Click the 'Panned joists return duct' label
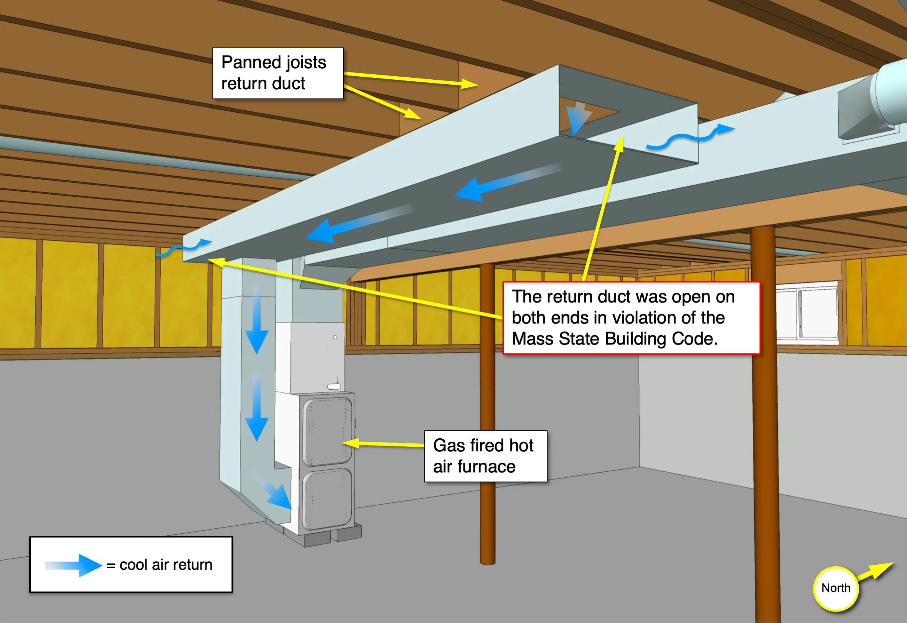pos(277,74)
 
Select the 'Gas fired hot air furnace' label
pos(485,456)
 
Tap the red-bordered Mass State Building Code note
pos(631,318)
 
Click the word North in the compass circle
pos(836,588)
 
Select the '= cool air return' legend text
pos(160,565)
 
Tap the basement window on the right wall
pos(806,315)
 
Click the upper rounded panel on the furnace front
pos(328,431)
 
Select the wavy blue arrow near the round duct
pos(690,137)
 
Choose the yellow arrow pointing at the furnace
pos(383,444)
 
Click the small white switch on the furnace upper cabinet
pos(334,387)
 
